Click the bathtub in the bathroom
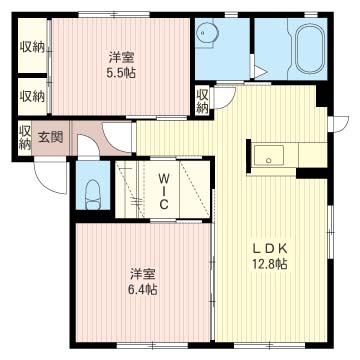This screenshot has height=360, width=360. (x=310, y=49)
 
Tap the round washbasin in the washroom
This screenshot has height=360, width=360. (x=206, y=33)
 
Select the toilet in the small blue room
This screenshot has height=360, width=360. (x=93, y=195)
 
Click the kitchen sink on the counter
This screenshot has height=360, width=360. (x=269, y=155)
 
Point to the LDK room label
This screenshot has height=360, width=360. (x=270, y=248)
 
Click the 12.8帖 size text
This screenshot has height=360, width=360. (x=270, y=264)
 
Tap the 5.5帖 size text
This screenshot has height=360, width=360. (x=121, y=73)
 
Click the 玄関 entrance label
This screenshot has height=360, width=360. (x=50, y=137)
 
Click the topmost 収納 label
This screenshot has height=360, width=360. (x=32, y=47)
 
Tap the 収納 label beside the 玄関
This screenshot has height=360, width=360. (x=25, y=138)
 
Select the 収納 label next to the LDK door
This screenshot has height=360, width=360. (x=202, y=101)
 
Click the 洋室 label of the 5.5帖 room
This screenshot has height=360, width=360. (x=122, y=57)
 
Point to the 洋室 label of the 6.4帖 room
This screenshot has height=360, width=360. (x=143, y=274)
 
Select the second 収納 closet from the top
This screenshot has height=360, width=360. (x=32, y=96)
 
